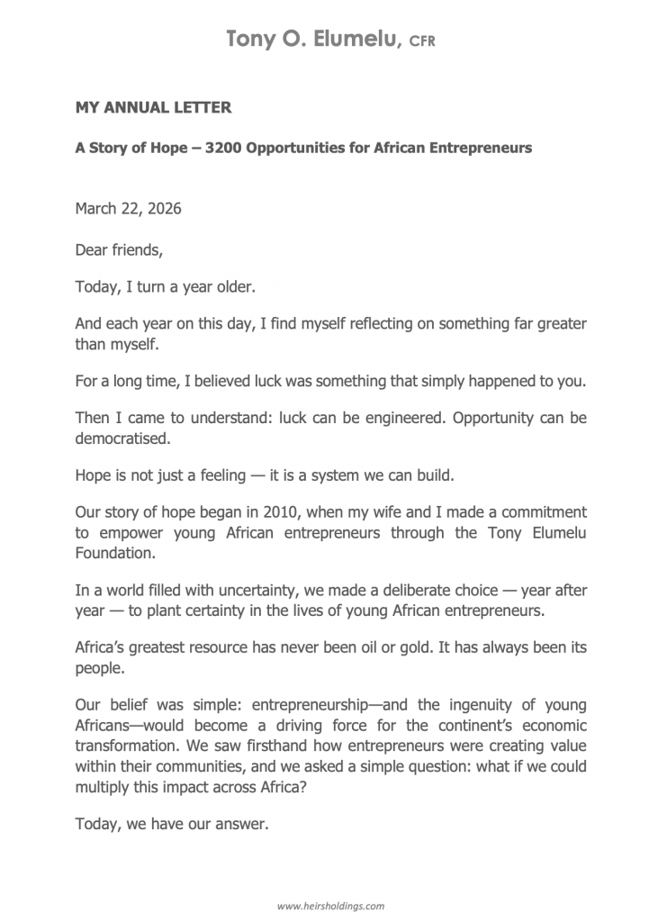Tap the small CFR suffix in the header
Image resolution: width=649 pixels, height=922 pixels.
(x=422, y=41)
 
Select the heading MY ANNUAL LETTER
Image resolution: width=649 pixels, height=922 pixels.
(x=153, y=108)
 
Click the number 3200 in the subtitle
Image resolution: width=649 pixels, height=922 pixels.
(x=223, y=148)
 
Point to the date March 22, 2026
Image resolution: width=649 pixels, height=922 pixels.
(x=128, y=209)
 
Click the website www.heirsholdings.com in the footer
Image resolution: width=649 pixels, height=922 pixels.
(x=330, y=905)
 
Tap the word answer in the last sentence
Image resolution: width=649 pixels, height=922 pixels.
(x=244, y=823)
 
